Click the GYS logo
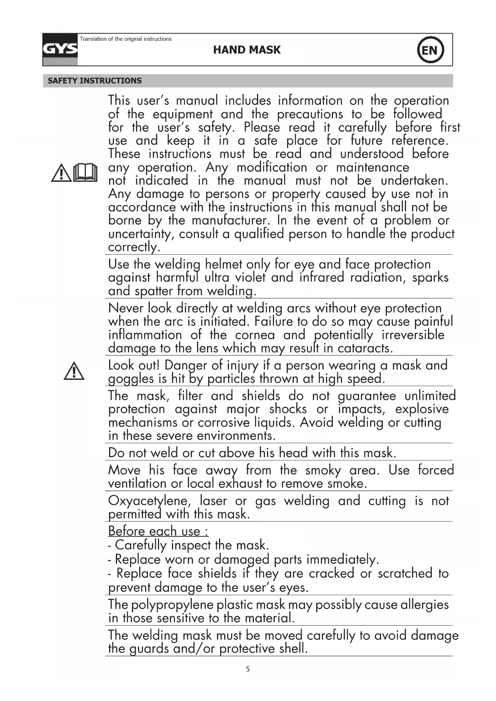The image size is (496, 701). tap(60, 50)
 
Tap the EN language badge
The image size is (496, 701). tap(430, 50)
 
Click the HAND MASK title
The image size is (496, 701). tap(247, 50)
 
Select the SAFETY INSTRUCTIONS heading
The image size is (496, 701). tap(94, 81)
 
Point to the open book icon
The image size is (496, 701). tap(86, 173)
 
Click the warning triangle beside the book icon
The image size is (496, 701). tap(61, 173)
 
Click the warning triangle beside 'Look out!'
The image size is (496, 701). tap(74, 371)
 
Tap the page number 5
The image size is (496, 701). tap(248, 669)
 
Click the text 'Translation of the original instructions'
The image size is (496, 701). tap(125, 39)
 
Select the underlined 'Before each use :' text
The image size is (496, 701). tap(158, 531)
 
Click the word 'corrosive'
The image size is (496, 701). tap(224, 422)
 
